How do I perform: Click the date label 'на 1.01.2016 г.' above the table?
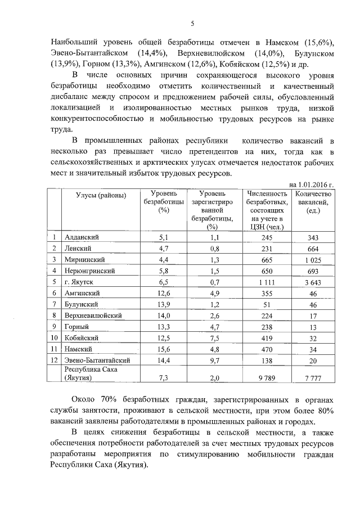[x=312, y=183]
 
